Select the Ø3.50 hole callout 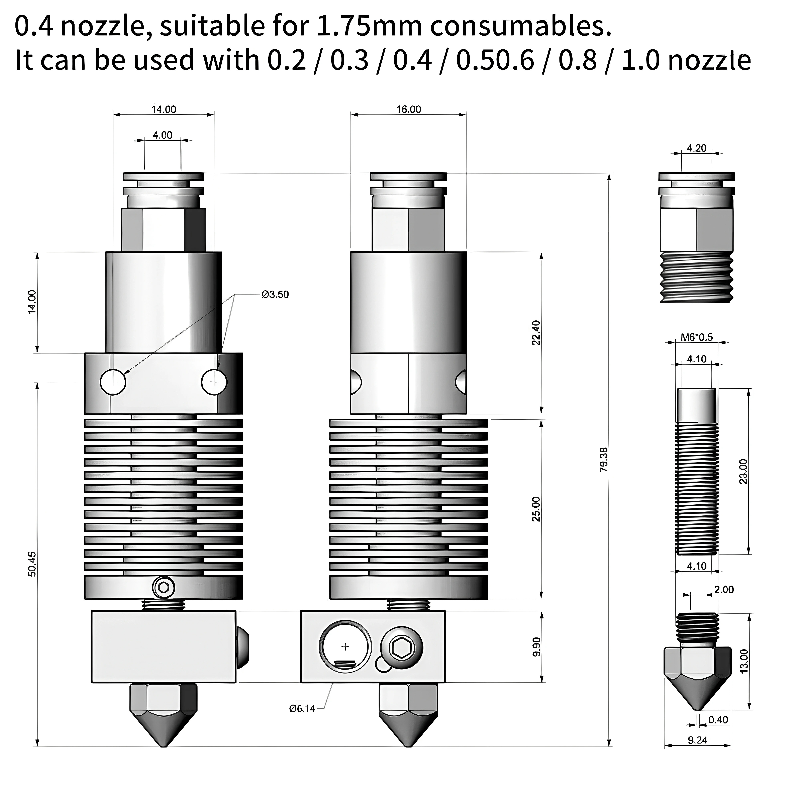tap(275, 295)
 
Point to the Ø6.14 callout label tap(302, 709)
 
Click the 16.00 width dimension tap(409, 109)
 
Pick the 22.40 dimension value tap(536, 333)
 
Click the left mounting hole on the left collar tap(113, 382)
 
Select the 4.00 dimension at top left tap(162, 135)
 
